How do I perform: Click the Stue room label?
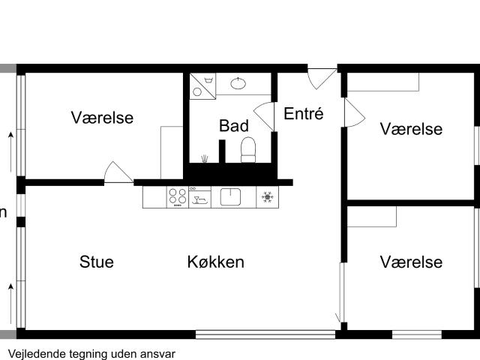tap(97, 262)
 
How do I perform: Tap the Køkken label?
tap(216, 262)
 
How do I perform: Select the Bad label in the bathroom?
tap(234, 126)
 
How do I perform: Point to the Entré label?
tap(303, 113)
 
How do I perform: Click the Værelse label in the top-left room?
tap(102, 118)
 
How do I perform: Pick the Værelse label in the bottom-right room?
tap(411, 262)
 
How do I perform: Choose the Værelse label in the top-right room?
tap(411, 129)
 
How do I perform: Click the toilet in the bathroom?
tap(248, 150)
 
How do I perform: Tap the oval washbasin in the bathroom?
tap(238, 83)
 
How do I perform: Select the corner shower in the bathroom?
tap(202, 86)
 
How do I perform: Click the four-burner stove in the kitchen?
tap(178, 196)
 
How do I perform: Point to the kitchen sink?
tap(230, 196)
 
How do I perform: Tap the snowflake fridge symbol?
tap(267, 197)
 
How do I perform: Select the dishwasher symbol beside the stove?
tap(200, 197)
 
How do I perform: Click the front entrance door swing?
tap(322, 79)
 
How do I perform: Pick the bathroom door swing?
tap(263, 117)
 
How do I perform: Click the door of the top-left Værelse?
tap(118, 172)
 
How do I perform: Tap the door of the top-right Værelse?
tap(355, 112)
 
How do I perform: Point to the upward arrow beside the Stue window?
tap(11, 304)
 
